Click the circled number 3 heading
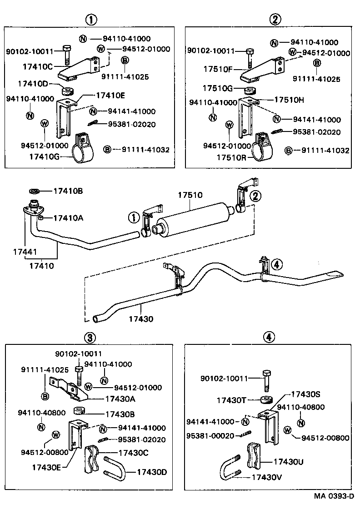90,337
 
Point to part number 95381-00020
210,436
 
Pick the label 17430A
120,399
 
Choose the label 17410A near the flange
68,218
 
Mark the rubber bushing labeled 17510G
250,90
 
